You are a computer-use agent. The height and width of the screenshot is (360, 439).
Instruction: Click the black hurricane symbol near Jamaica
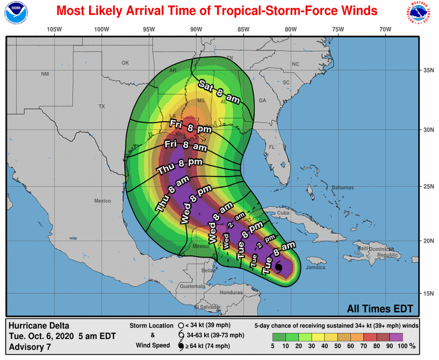point(278,268)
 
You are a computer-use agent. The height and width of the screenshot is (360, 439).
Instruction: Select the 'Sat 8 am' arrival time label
point(219,91)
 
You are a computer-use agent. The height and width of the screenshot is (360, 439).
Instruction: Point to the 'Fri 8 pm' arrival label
point(190,126)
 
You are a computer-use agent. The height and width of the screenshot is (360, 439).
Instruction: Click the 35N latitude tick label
point(429,70)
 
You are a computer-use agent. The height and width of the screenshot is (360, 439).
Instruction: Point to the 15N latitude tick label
point(429,293)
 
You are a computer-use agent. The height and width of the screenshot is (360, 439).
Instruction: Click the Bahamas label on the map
point(342,188)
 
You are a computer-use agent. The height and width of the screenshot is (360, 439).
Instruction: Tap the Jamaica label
point(316,268)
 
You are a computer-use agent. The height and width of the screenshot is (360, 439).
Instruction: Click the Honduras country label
point(231,292)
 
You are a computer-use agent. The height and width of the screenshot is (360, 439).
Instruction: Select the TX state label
point(102,106)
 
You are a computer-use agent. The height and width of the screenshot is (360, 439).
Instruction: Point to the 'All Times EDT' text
point(380,309)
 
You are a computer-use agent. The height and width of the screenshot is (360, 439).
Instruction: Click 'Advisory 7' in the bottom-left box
point(29,347)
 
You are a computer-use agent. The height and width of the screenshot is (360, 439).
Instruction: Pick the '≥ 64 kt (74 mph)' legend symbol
point(181,347)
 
